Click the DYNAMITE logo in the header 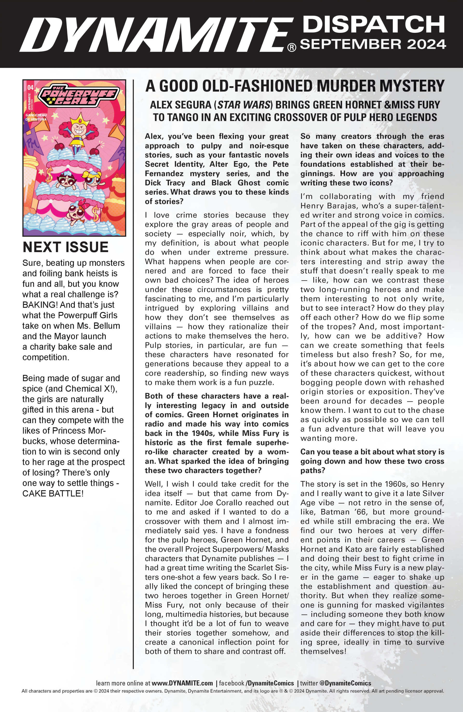pos(156,35)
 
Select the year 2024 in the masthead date pos(426,44)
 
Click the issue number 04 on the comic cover pos(30,88)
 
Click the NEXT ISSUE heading pos(66,247)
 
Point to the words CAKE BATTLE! pos(53,493)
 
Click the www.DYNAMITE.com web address pos(182,683)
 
